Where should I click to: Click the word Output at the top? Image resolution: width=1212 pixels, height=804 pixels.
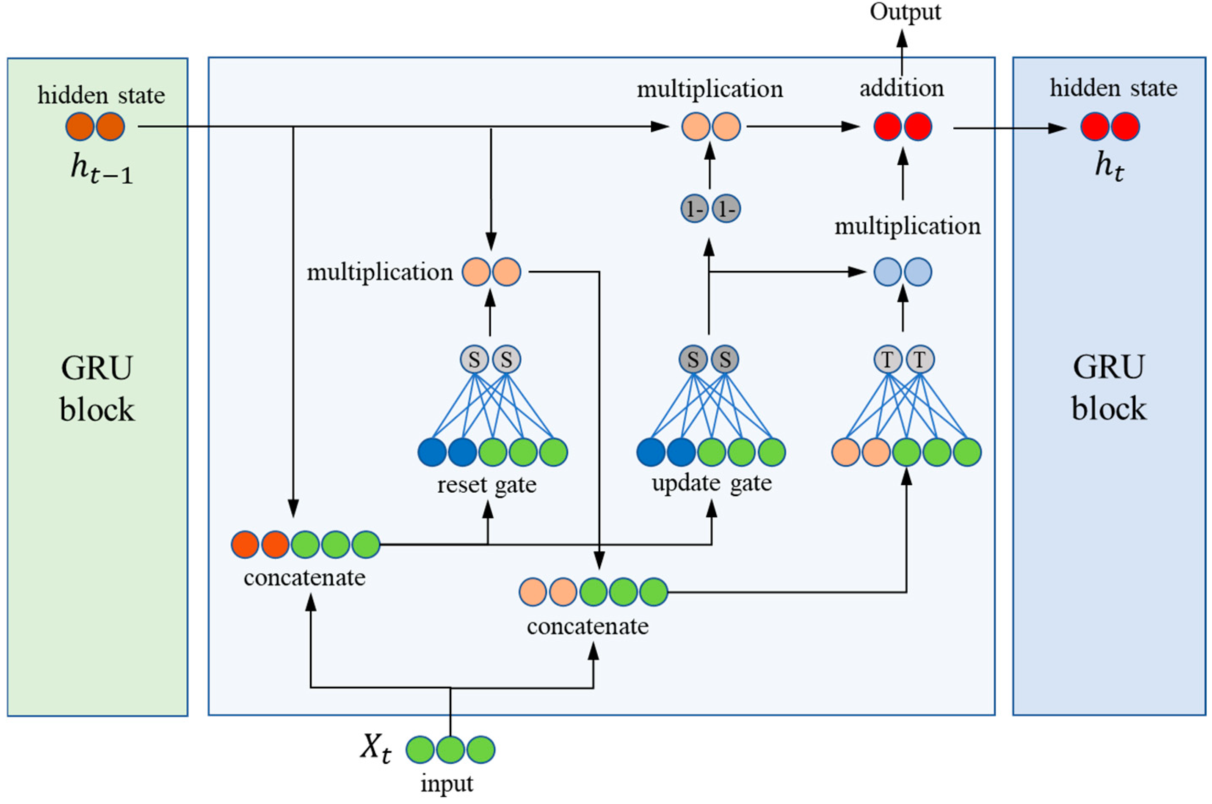(x=905, y=12)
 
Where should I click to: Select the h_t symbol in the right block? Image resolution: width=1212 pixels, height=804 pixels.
(x=1110, y=167)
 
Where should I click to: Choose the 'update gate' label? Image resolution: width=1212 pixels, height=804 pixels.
(x=712, y=483)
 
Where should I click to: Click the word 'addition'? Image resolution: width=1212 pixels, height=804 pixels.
(x=902, y=88)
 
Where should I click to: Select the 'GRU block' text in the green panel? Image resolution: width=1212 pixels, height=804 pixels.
(x=97, y=389)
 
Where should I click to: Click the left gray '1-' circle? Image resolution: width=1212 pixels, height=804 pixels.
(x=695, y=209)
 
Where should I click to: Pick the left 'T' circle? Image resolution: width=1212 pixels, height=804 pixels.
(x=887, y=359)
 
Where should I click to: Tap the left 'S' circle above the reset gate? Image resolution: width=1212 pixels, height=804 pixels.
(x=474, y=359)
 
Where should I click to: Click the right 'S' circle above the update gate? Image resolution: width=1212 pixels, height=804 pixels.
(x=724, y=359)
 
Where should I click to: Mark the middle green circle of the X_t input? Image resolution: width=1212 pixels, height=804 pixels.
(x=450, y=749)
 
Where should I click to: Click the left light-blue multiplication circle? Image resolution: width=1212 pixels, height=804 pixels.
(x=887, y=272)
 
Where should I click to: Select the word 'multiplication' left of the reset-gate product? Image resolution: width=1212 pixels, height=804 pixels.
(x=380, y=272)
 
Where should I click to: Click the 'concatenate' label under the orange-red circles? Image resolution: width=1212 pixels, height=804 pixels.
(x=304, y=578)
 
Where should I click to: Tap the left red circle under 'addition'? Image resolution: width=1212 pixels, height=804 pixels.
(x=888, y=126)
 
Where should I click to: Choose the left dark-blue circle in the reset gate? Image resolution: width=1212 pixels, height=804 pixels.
(x=432, y=452)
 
